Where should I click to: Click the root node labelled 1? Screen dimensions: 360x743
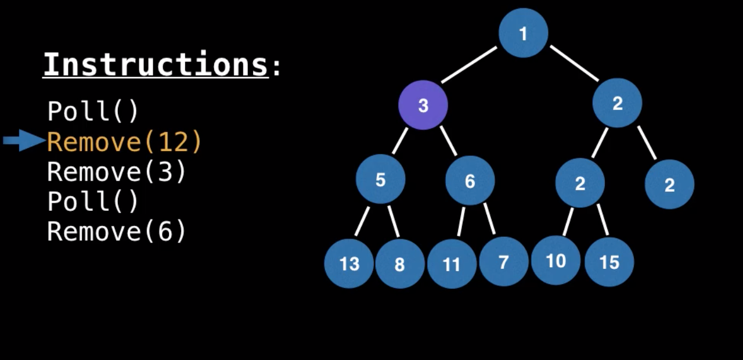click(523, 33)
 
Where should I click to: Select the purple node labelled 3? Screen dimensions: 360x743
click(423, 105)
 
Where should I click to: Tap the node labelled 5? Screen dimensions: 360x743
click(380, 179)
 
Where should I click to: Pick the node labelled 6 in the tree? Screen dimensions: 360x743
click(470, 181)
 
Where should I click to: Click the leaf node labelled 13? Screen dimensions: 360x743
click(349, 264)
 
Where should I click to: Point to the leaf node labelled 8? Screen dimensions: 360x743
click(399, 264)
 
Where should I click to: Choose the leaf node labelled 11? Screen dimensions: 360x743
click(452, 264)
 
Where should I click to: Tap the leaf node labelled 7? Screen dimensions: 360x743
click(503, 262)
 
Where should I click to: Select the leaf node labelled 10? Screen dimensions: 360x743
click(556, 261)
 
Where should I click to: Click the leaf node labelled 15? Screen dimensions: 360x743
click(609, 262)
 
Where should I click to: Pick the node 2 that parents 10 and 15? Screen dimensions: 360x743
click(580, 183)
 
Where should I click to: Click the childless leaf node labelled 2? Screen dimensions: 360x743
click(669, 185)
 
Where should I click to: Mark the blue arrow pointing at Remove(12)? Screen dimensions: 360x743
click(23, 140)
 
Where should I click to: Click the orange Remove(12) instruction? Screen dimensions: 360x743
click(124, 141)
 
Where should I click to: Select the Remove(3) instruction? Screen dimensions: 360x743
click(116, 172)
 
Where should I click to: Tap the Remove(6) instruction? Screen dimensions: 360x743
click(116, 231)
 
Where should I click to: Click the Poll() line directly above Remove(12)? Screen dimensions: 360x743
click(93, 111)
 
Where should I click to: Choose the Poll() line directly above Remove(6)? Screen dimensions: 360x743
click(93, 201)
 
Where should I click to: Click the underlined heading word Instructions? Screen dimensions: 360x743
click(156, 64)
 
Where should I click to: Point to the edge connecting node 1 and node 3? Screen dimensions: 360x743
click(469, 65)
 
